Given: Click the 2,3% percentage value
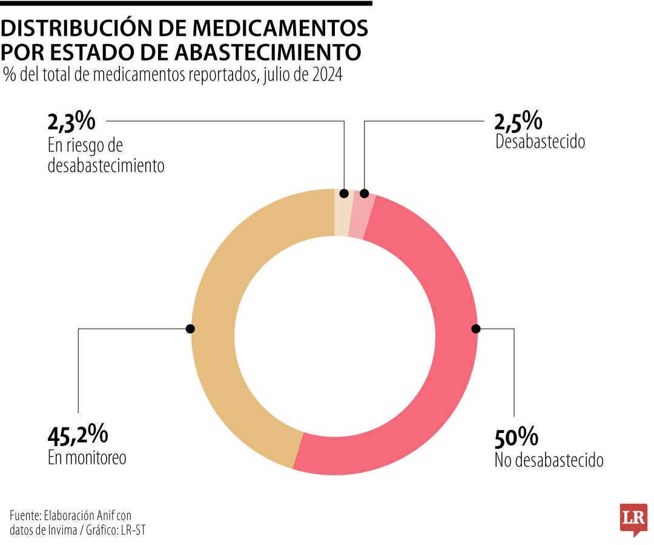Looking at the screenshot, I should click(71, 122).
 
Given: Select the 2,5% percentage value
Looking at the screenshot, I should click(518, 122).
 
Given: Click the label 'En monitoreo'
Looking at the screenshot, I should click(87, 458).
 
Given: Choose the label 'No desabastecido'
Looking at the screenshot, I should click(549, 460).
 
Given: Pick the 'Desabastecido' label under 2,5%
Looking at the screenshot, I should click(540, 142).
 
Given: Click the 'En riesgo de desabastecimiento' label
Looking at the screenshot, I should click(106, 156).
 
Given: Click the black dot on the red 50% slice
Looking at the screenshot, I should click(475, 329).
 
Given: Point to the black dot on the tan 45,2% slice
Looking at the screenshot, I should click(190, 329).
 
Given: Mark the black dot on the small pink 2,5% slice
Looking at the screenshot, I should click(364, 194).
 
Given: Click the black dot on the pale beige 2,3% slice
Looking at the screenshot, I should click(345, 194).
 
